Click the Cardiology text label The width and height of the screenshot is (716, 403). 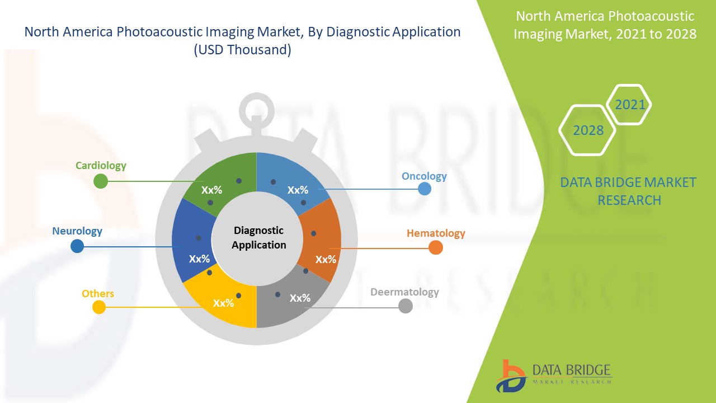click(x=101, y=166)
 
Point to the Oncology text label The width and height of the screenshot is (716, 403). click(x=424, y=176)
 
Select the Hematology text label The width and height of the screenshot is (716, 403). click(x=436, y=233)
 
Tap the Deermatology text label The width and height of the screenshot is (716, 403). click(x=404, y=292)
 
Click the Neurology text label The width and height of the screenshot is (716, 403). click(x=77, y=231)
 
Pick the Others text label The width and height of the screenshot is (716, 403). click(x=98, y=294)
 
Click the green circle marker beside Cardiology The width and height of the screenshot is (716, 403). click(x=101, y=181)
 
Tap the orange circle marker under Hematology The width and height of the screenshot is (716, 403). click(x=436, y=247)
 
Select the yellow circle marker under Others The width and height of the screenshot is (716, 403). click(x=99, y=307)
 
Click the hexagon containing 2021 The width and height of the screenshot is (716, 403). click(x=629, y=105)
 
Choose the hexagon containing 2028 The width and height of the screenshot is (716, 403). click(x=587, y=130)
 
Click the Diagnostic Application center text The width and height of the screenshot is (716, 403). click(x=258, y=238)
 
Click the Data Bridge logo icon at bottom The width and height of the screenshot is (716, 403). click(x=510, y=376)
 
